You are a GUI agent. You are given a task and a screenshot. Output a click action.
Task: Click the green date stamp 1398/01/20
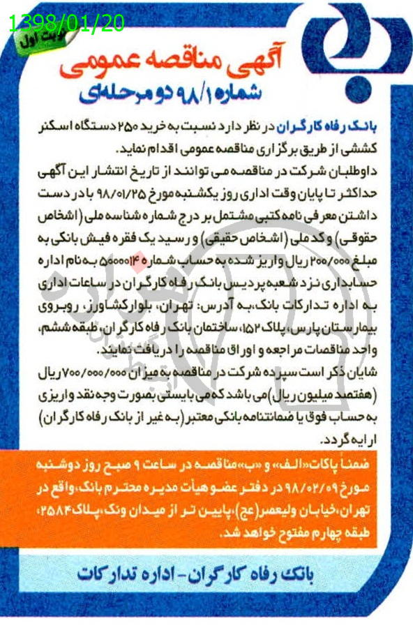click(66, 24)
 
